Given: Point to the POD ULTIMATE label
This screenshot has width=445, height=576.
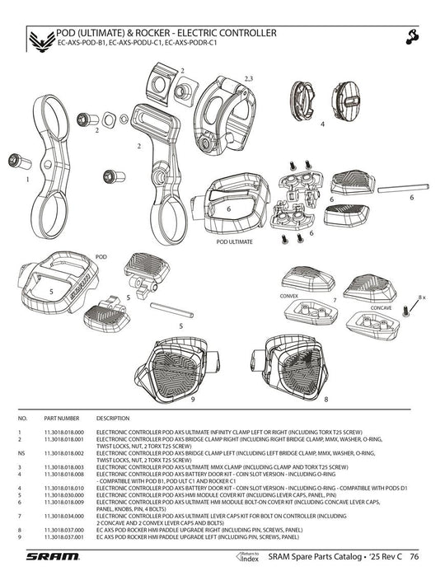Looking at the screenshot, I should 234,243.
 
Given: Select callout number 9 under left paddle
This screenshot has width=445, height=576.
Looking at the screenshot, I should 192,399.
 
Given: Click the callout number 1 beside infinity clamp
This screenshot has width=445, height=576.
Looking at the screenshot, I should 27,178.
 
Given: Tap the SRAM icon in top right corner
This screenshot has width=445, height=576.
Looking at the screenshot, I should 414,36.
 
